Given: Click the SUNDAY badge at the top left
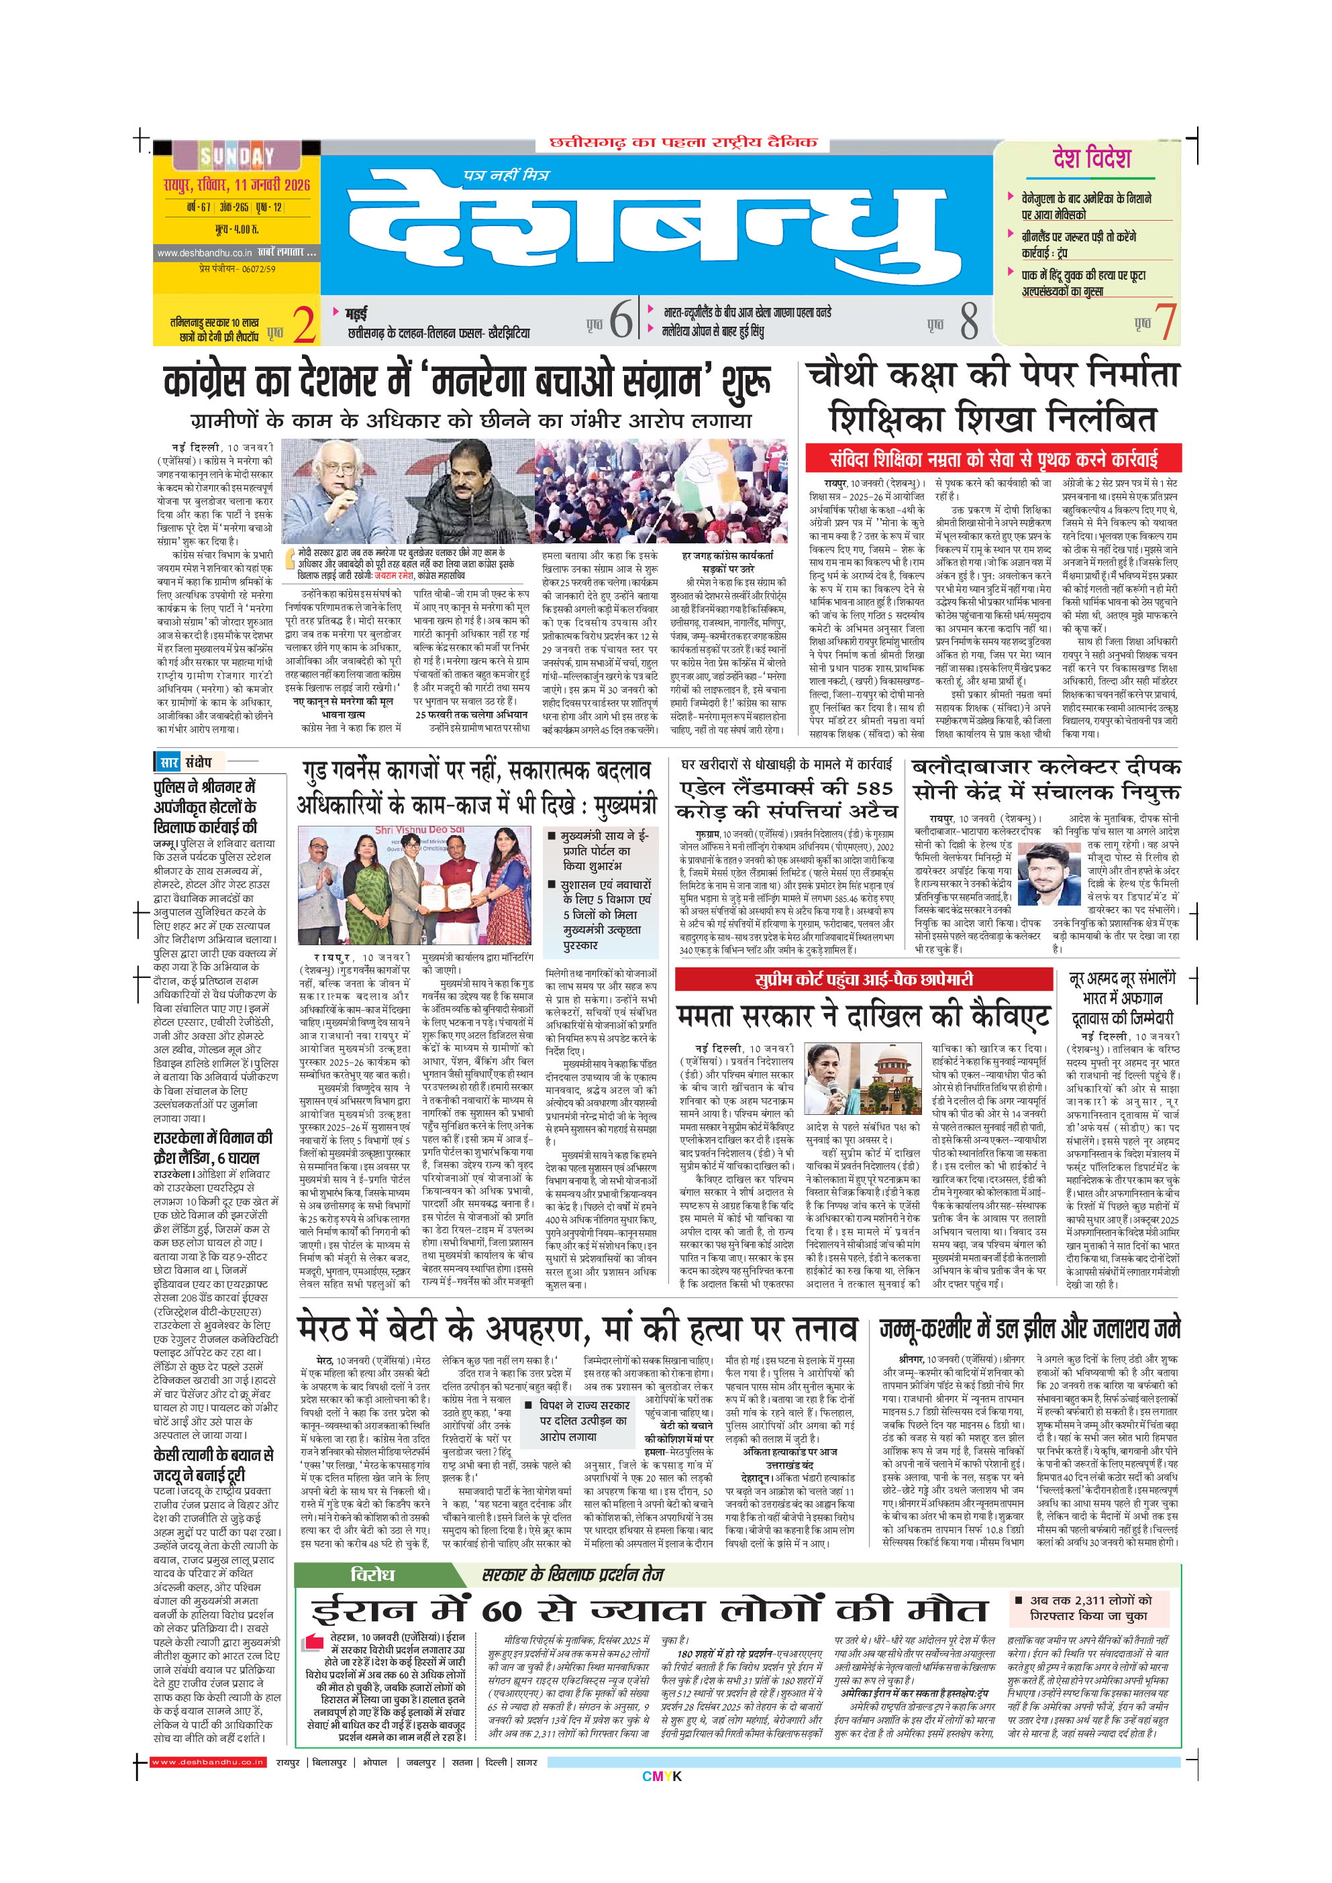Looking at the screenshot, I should pos(236,156).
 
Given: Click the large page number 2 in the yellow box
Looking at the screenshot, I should pos(304,325).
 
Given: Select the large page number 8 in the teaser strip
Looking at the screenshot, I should pos(969,321).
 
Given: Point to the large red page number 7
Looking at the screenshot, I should pos(1166,321).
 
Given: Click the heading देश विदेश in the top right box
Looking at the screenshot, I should pos(1092,159).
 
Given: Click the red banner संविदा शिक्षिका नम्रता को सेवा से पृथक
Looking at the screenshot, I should pos(993,458).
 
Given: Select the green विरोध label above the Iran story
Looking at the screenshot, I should pos(372,1574).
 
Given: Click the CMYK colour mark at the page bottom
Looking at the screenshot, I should pos(662,1776).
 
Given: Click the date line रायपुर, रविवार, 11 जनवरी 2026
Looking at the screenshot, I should pos(236,184).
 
